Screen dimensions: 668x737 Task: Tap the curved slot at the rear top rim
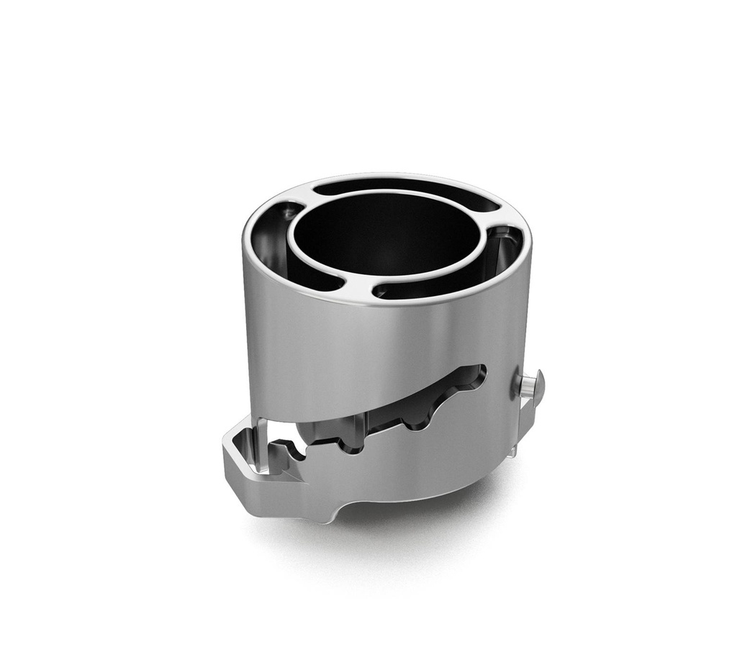pyautogui.click(x=403, y=189)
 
